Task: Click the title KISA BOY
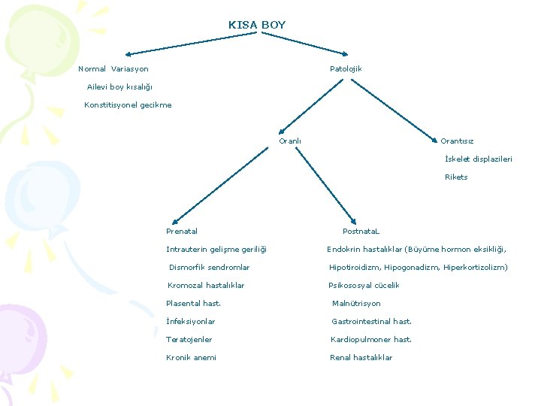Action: click(257, 25)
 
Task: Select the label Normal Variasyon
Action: click(113, 69)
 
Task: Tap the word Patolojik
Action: click(346, 69)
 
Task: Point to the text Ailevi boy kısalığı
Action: click(119, 87)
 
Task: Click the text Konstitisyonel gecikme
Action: click(128, 105)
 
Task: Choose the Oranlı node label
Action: click(289, 141)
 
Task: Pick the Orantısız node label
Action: click(457, 141)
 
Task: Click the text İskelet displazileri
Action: click(479, 159)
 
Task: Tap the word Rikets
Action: click(456, 177)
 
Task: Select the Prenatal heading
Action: click(182, 232)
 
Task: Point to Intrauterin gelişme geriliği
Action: click(216, 250)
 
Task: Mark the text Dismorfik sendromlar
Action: click(210, 268)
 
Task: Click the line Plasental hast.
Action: click(193, 304)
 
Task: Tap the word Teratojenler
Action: click(189, 340)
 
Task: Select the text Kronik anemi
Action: click(191, 358)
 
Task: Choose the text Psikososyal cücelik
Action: click(364, 286)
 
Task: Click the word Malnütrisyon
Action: click(356, 304)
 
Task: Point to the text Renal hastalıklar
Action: click(361, 358)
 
